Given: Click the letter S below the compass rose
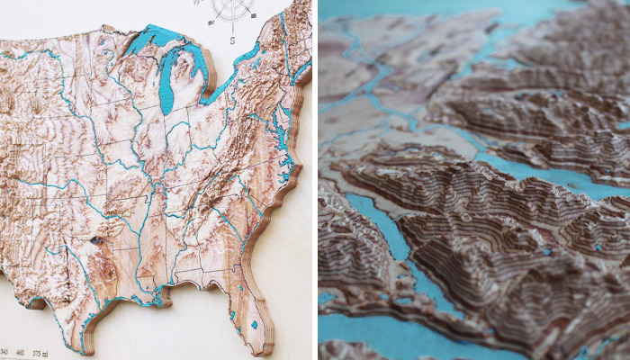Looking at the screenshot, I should (x=231, y=39).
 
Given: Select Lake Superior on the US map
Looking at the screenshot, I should (x=153, y=40).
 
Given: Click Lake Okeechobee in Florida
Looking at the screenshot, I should (x=256, y=324).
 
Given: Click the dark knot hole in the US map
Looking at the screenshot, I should (x=96, y=240).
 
